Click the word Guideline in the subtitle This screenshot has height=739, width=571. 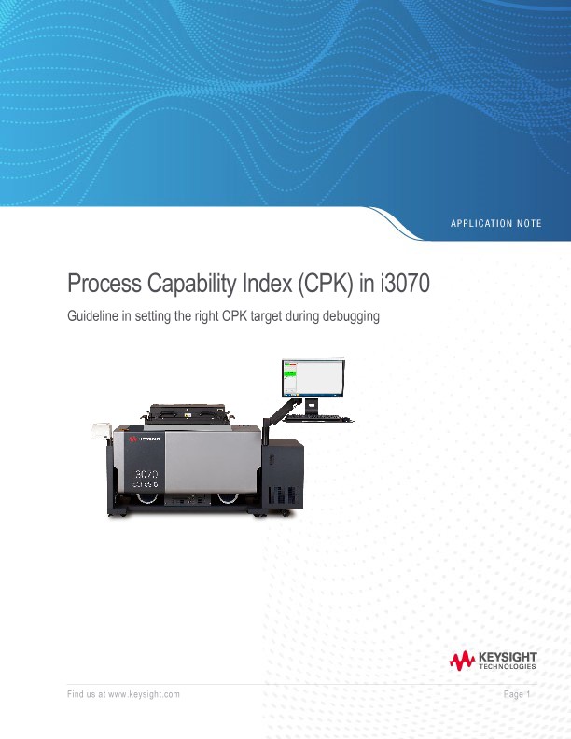pyautogui.click(x=93, y=317)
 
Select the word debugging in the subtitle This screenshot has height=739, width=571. pyautogui.click(x=348, y=317)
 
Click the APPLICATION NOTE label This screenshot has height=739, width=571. pyautogui.click(x=495, y=223)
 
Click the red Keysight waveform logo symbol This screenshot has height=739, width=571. pyautogui.click(x=462, y=662)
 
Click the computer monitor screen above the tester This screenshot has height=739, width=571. pyautogui.click(x=313, y=377)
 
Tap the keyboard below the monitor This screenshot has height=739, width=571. pyautogui.click(x=317, y=416)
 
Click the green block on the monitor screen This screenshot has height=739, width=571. pyautogui.click(x=289, y=373)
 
